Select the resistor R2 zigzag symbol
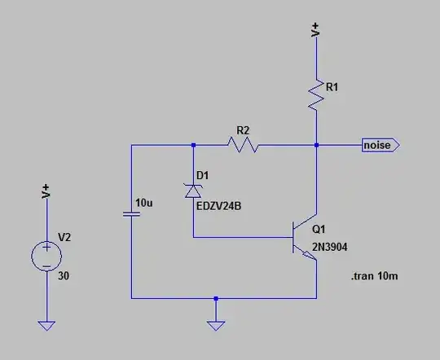coord(244,145)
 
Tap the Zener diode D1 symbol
coord(193,190)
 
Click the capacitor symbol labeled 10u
coord(131,214)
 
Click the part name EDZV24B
coord(219,205)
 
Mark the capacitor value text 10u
coord(143,202)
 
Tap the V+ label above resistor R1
coord(316,30)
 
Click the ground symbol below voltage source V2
coord(46,325)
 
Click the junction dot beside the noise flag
coord(315,145)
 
